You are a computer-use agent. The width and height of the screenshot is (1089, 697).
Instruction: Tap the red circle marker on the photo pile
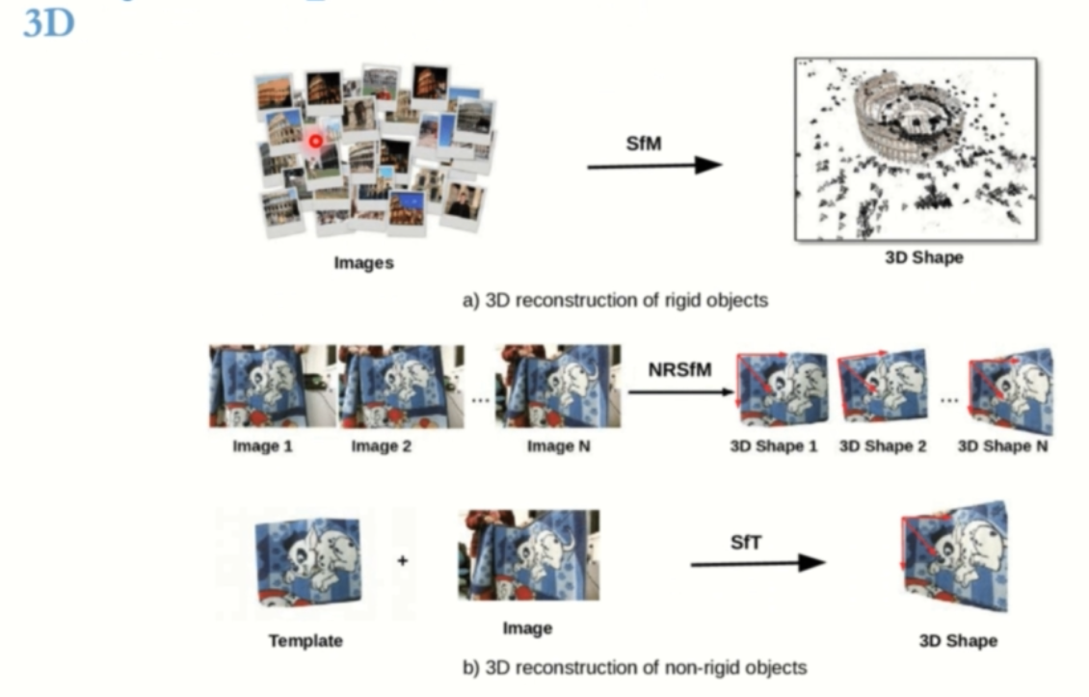pyautogui.click(x=315, y=142)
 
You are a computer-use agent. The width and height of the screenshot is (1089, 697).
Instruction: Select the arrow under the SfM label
pyautogui.click(x=654, y=166)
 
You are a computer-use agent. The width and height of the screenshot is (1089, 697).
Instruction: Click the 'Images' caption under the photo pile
pyautogui.click(x=363, y=262)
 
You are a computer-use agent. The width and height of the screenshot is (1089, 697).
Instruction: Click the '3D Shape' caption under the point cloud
pyautogui.click(x=923, y=258)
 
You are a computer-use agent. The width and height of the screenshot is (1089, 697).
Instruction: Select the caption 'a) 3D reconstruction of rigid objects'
pyautogui.click(x=615, y=300)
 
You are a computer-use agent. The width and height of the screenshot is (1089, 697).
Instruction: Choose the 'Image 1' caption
pyautogui.click(x=262, y=446)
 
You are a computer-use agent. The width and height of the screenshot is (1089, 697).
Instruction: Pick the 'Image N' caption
pyautogui.click(x=558, y=446)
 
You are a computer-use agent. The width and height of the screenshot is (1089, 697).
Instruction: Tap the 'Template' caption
pyautogui.click(x=305, y=640)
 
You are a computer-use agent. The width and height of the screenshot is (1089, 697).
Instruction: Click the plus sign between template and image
pyautogui.click(x=402, y=560)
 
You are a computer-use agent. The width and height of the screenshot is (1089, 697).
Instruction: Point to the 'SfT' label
pyautogui.click(x=746, y=543)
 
